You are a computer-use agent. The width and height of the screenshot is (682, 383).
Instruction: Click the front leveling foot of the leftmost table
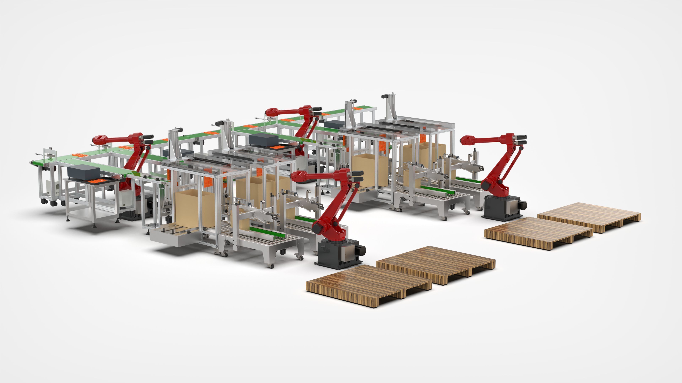coord(94,226)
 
